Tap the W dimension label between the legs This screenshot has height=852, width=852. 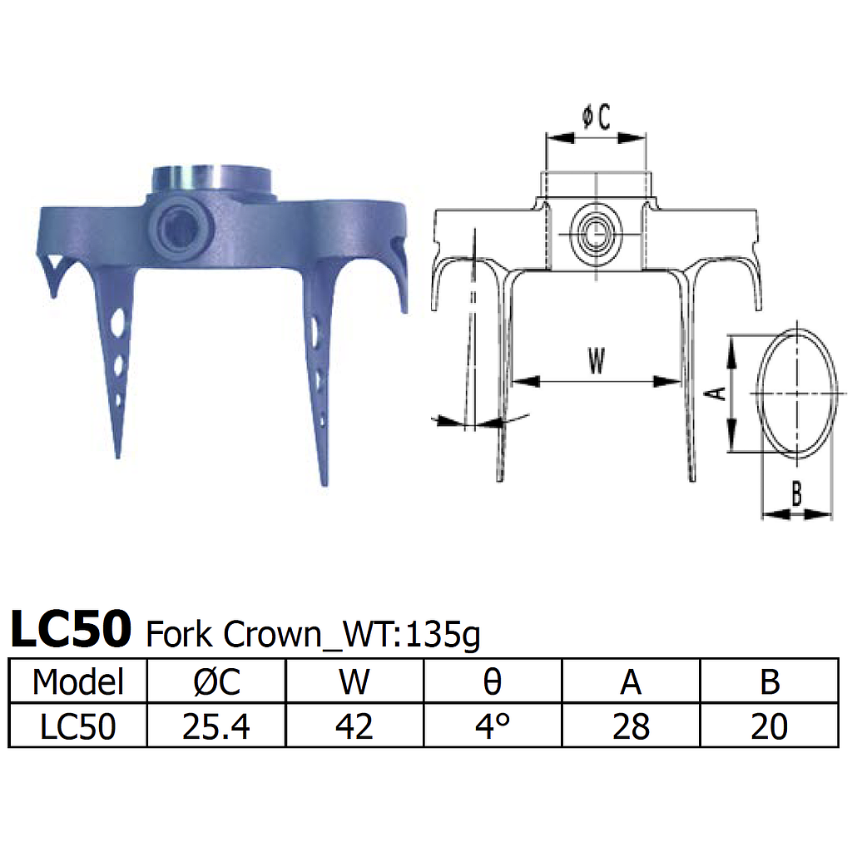tap(596, 361)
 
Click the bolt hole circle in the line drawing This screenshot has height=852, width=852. tap(596, 235)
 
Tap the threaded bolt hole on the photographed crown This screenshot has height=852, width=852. tap(181, 224)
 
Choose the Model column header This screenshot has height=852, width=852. tap(77, 682)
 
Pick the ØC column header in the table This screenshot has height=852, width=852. tap(215, 682)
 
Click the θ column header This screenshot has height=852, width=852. tap(493, 682)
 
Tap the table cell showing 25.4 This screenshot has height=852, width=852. tap(215, 726)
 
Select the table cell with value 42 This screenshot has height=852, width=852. tap(354, 726)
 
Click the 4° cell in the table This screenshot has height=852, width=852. tap(493, 726)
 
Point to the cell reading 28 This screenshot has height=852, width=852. tap(631, 726)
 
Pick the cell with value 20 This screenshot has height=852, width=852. tap(769, 726)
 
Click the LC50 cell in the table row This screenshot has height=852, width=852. tap(77, 726)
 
